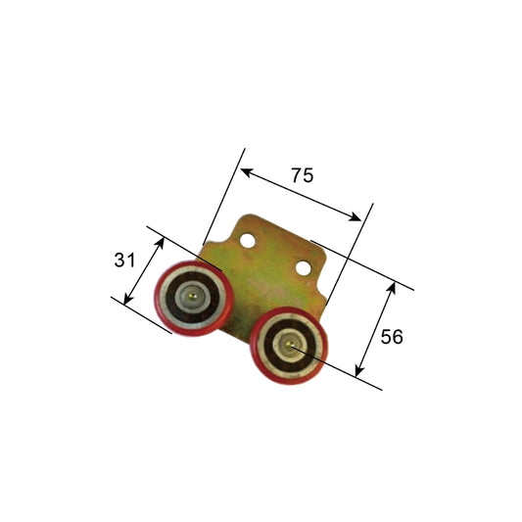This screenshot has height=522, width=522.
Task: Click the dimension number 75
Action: pos(302,175)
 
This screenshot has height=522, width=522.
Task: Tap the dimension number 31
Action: pos(123,260)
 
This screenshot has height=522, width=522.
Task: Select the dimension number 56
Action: pos(391,336)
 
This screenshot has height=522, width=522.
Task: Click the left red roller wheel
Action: pos(193,295)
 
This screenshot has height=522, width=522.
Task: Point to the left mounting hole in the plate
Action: pos(250,238)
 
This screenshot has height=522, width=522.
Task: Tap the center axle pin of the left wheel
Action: pos(195,294)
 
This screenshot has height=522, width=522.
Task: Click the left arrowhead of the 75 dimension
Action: pos(245,171)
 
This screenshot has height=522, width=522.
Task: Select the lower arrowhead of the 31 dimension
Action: pos(126,299)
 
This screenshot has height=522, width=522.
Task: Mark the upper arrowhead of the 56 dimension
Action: pos(393,286)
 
